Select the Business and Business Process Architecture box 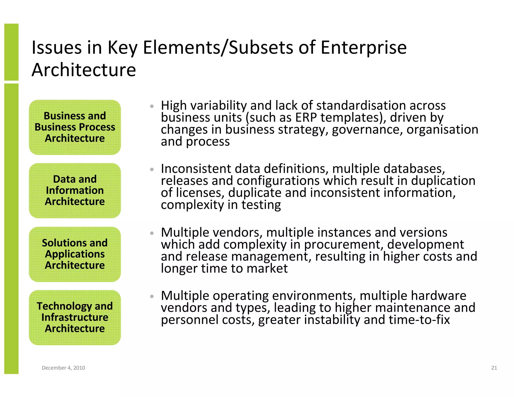pos(75,127)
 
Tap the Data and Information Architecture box pos(75,190)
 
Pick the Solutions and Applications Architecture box pos(75,254)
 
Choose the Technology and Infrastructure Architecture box pos(75,317)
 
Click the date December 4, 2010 pos(63,368)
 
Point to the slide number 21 pos(494,368)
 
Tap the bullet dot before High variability pos(152,106)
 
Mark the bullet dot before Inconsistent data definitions pos(152,170)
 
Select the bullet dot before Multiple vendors pos(152,233)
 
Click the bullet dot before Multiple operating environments pos(152,297)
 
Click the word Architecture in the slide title pos(84,70)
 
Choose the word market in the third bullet pos(267,269)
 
